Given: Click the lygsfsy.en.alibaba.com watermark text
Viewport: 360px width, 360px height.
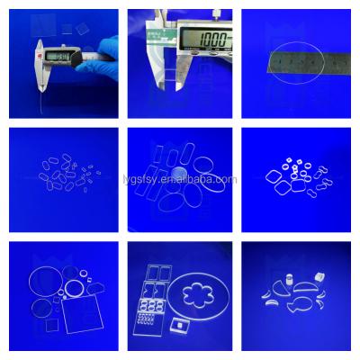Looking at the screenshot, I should (180, 178).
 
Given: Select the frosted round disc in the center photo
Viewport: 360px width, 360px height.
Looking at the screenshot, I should (181, 172).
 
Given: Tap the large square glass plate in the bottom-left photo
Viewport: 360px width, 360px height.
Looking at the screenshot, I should (86, 310).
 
